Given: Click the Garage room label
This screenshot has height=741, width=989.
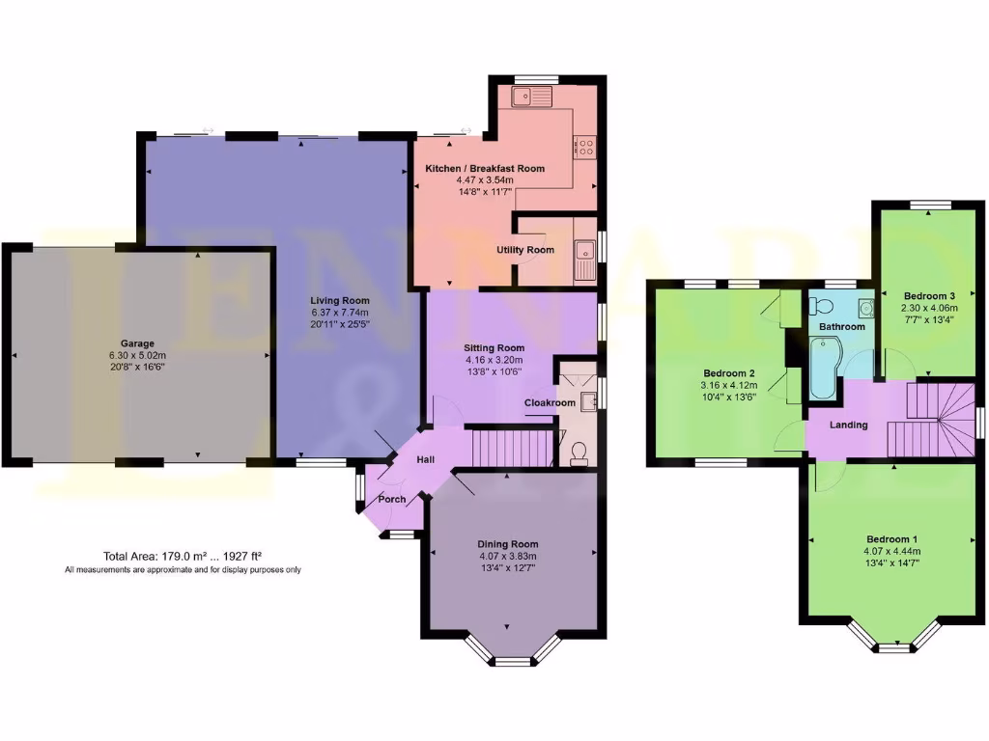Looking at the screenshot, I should pos(137,343).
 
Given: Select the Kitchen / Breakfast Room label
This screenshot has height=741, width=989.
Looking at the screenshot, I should pos(485,169).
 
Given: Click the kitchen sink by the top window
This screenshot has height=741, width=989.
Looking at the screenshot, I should pos(531,95).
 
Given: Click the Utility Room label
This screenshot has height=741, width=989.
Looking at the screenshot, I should pos(525,250).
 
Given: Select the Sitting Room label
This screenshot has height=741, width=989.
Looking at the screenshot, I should pos(494,348).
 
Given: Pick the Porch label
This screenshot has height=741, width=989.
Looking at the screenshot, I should pos(391,499).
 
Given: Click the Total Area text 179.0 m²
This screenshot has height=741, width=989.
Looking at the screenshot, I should pos(183,556).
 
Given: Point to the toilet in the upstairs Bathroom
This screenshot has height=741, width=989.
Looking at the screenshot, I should pos(822,306).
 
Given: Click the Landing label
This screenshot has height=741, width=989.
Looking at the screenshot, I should pos(849,425).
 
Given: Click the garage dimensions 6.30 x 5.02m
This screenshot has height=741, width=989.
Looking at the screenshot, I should pos(137,356).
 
